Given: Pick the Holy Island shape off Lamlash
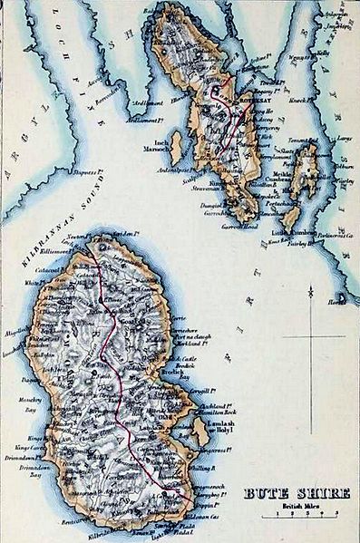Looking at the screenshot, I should tap(200, 431).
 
